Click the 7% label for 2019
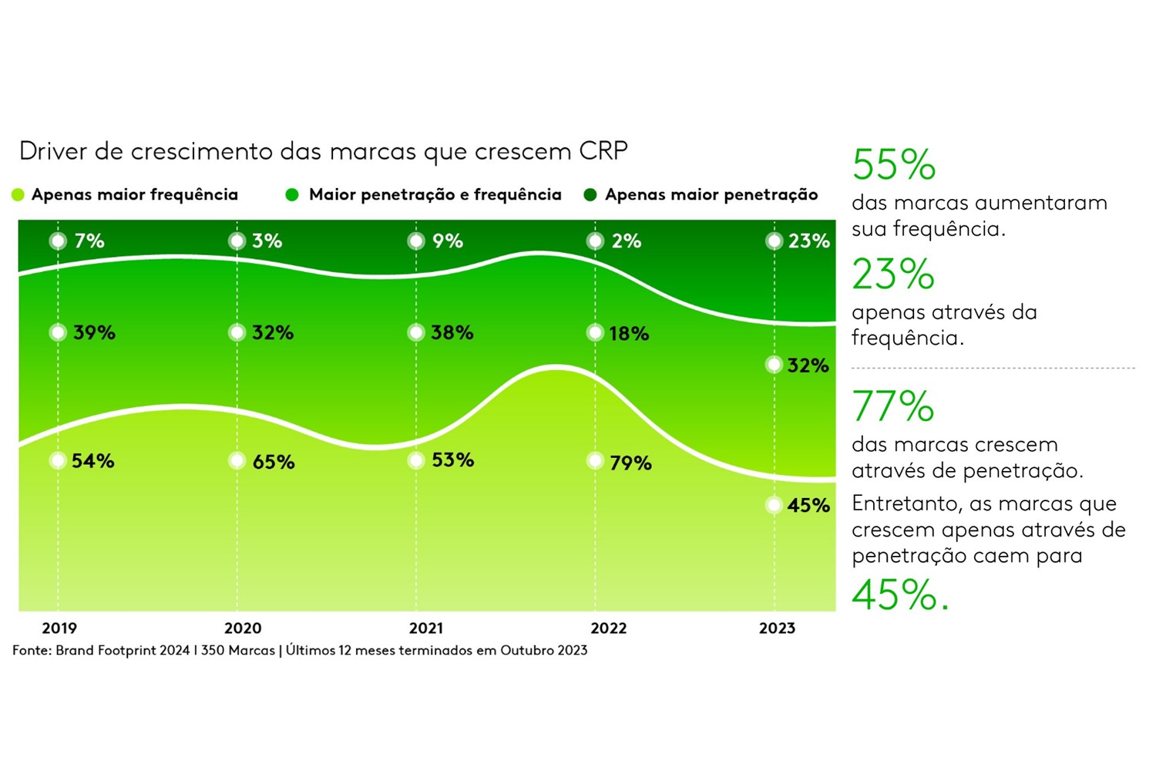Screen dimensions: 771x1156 point(89,241)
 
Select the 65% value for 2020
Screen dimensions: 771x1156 point(274,462)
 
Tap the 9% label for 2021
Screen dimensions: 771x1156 point(448,241)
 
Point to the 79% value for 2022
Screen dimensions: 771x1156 point(630,463)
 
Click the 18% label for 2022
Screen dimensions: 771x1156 point(629,334)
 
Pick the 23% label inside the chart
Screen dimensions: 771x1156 point(808,241)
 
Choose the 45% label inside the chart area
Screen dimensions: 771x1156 point(808,506)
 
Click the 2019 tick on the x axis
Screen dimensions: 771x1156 point(59,628)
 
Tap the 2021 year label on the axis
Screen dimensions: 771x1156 point(426,628)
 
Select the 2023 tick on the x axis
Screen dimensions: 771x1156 point(777,628)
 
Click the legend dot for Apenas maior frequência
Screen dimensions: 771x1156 point(18,195)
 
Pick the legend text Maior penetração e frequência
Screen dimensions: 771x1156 point(435,195)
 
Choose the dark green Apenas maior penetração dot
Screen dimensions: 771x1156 point(590,195)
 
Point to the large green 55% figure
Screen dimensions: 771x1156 point(894,165)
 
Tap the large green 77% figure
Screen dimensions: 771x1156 point(892,406)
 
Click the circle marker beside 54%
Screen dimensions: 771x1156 point(58,461)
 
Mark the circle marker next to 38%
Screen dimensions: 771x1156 point(416,333)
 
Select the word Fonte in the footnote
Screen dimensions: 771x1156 point(30,651)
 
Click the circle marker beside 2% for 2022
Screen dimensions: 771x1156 point(595,241)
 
